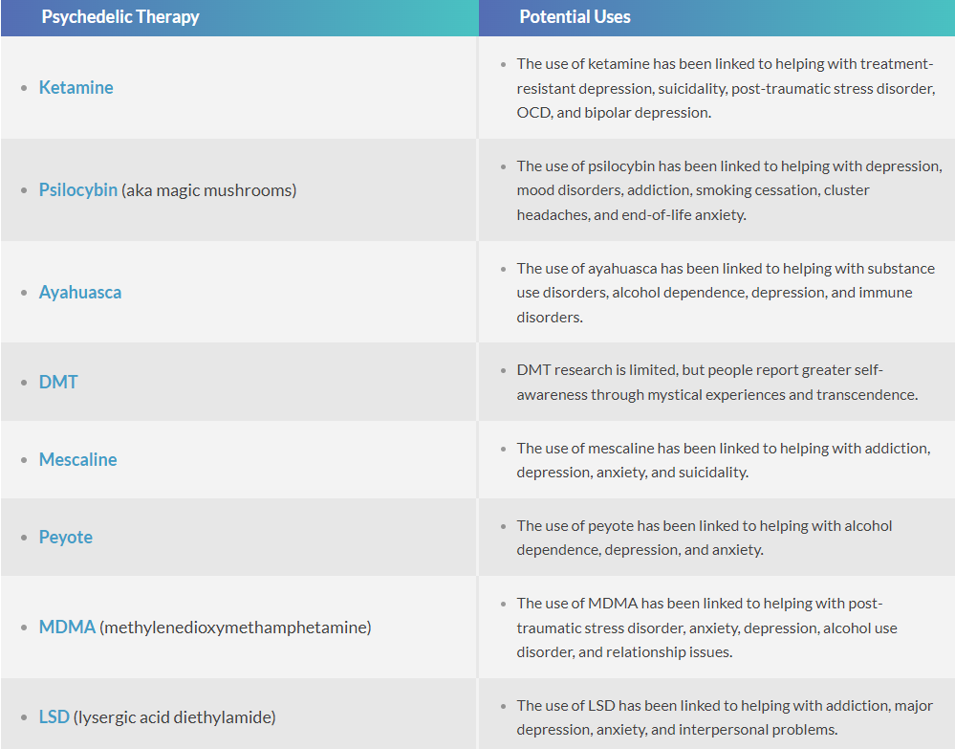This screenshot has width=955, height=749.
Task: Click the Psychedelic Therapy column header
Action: coord(120,16)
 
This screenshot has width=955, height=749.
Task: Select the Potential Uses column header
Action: coord(575,16)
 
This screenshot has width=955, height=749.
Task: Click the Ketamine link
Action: coord(76,88)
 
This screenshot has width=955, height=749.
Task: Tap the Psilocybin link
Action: coord(78,189)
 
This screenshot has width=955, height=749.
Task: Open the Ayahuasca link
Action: coord(79,293)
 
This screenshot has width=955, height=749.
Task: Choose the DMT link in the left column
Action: coord(58,382)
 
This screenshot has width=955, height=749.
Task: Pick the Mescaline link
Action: coord(78,459)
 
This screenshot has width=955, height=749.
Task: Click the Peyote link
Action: coord(66,537)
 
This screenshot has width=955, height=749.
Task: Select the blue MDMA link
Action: coord(67,627)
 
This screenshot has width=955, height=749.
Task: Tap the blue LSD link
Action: coord(54,716)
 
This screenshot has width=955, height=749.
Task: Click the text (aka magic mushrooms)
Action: coord(209,190)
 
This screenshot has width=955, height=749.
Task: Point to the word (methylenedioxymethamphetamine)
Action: coord(235,628)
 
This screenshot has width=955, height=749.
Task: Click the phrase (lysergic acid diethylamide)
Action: coord(174,717)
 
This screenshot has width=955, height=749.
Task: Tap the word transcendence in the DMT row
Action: coord(867,395)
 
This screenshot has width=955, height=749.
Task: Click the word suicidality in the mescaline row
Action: coord(713,473)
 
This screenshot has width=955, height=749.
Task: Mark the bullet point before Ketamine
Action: coord(24,88)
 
